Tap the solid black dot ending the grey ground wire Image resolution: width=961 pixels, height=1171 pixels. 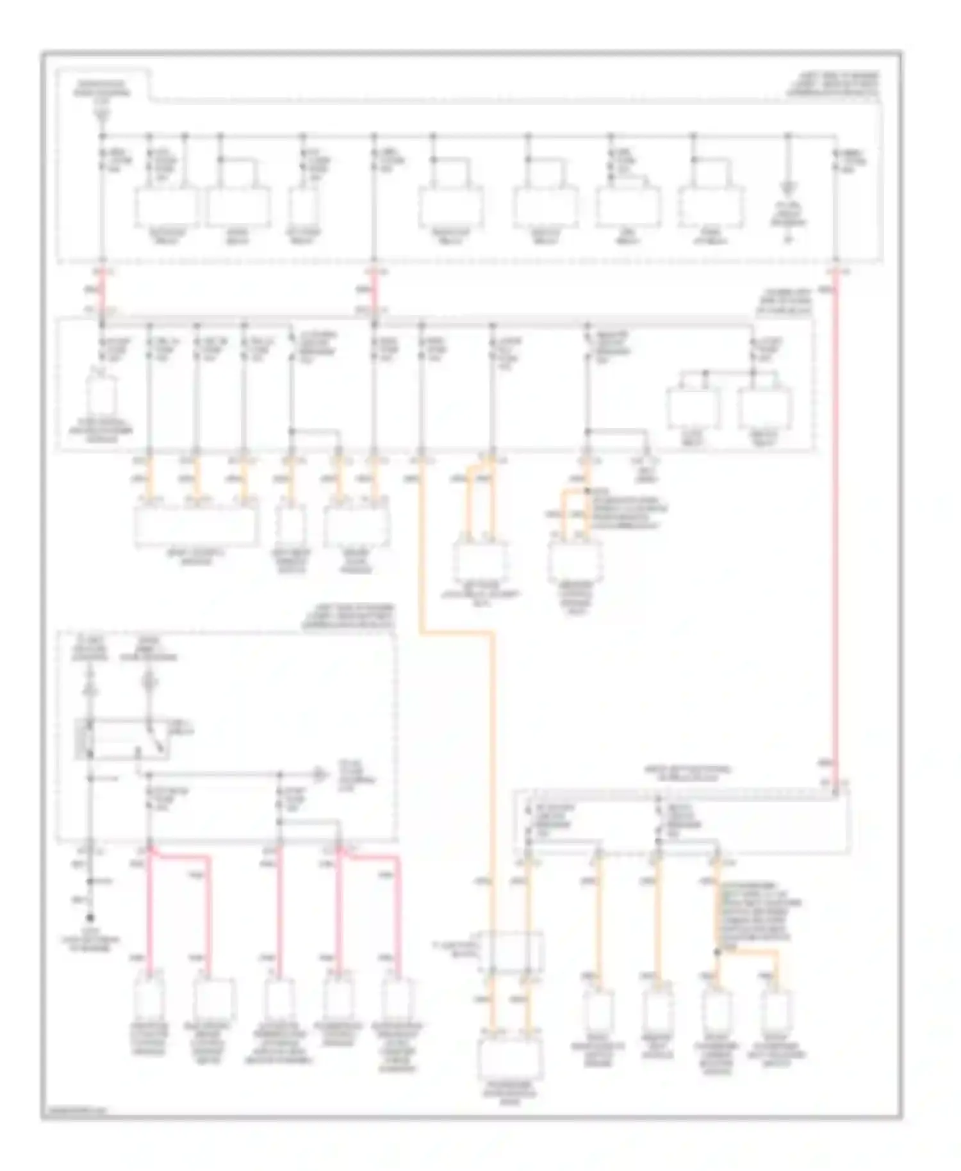[x=90, y=917]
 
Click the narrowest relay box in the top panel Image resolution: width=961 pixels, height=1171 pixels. [x=303, y=206]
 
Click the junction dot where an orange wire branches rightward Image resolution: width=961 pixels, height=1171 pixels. [x=717, y=953]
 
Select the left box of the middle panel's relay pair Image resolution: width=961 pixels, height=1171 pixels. [x=693, y=409]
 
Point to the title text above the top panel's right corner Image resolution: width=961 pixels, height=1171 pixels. [x=833, y=84]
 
